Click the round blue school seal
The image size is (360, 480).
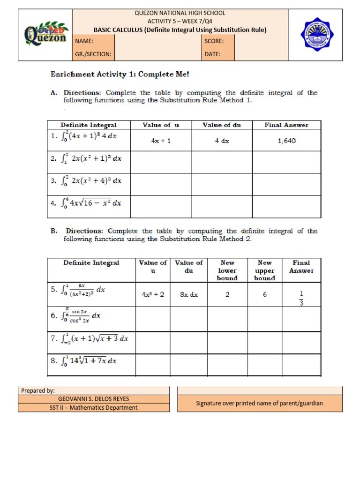[317, 35]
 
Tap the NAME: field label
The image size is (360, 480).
[84, 41]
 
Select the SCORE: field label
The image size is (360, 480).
[214, 41]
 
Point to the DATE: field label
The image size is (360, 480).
[212, 54]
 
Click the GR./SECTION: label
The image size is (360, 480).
[93, 54]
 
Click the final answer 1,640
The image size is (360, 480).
[286, 141]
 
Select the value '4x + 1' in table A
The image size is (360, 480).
[161, 141]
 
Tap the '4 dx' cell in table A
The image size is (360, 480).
[222, 141]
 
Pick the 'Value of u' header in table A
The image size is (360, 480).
[161, 125]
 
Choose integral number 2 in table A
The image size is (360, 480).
[89, 158]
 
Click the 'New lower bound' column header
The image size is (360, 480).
[227, 270]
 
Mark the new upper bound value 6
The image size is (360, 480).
[265, 295]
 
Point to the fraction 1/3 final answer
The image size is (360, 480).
[301, 298]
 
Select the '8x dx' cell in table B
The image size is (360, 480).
[188, 295]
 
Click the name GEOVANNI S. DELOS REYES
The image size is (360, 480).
[94, 399]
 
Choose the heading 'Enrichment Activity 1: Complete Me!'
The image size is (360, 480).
[120, 75]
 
